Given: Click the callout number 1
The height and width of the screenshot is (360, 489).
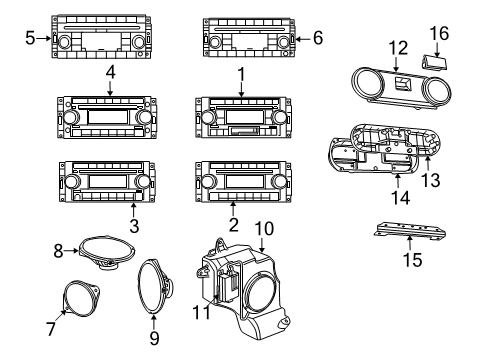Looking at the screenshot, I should click(241, 74).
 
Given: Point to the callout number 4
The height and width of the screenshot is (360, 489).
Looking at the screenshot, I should click(111, 74).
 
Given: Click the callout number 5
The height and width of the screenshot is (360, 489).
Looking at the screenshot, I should click(30, 39).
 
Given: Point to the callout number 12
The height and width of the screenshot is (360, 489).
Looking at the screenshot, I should click(398, 48).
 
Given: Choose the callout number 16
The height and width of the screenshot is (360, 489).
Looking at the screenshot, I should click(438, 34).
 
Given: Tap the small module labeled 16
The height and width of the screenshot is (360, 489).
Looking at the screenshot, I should click(436, 62).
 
